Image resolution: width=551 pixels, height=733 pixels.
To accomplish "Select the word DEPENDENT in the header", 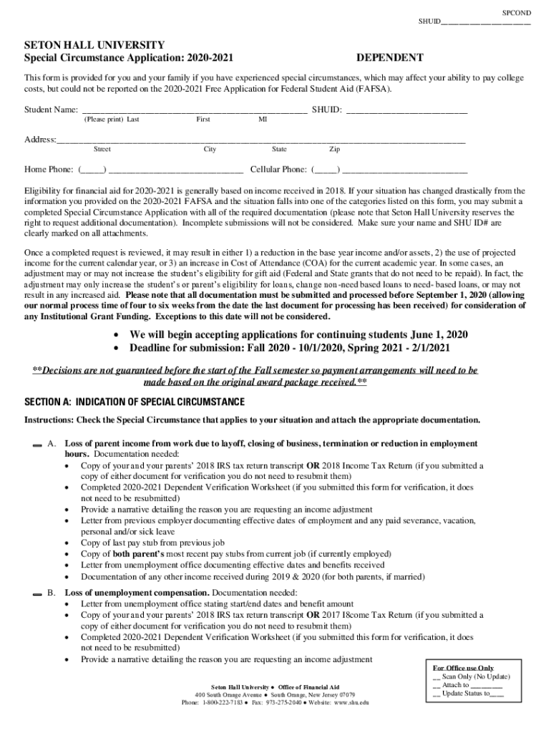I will click(x=389, y=57).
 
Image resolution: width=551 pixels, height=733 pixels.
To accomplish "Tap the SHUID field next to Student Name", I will click(x=406, y=110).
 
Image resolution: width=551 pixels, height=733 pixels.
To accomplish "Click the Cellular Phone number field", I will click(x=405, y=170).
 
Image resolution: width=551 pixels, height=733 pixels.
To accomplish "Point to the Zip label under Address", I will click(x=334, y=150).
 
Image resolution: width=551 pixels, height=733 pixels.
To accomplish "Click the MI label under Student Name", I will click(x=263, y=120).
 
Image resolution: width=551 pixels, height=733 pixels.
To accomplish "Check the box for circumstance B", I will click(x=36, y=594).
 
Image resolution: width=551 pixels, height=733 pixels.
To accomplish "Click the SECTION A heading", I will click(x=135, y=401).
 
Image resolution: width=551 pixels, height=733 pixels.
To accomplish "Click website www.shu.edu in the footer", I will click(x=351, y=703).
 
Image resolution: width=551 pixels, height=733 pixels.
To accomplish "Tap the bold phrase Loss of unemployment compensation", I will click(x=137, y=593).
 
